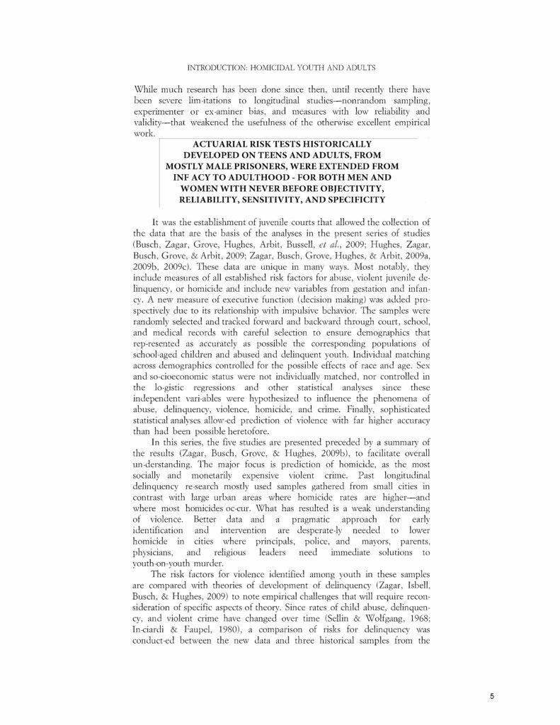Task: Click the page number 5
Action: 492,696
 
